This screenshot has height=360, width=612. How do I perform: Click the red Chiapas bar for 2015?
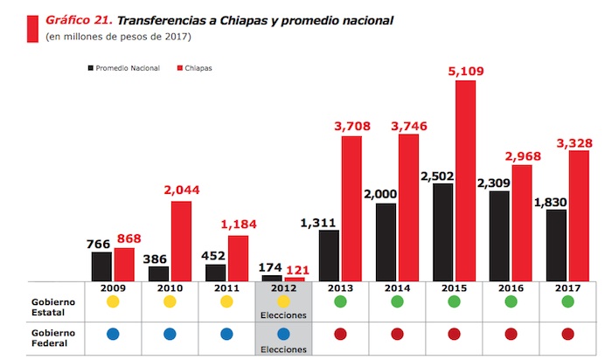click(x=465, y=181)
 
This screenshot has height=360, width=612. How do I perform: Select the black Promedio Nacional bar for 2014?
click(x=386, y=242)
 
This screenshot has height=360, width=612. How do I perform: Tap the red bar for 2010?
click(x=181, y=241)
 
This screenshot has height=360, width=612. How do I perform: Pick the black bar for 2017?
click(x=557, y=245)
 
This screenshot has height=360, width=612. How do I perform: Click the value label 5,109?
click(x=465, y=71)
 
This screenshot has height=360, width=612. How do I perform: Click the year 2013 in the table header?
click(x=340, y=287)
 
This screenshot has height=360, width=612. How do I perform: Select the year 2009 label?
click(x=114, y=287)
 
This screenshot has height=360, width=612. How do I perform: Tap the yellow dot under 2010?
click(x=170, y=302)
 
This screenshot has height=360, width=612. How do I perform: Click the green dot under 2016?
click(x=511, y=302)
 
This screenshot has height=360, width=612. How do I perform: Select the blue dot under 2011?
click(x=226, y=334)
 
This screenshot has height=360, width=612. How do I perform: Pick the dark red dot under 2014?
click(x=397, y=334)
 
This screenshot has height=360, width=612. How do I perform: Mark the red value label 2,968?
click(x=522, y=156)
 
